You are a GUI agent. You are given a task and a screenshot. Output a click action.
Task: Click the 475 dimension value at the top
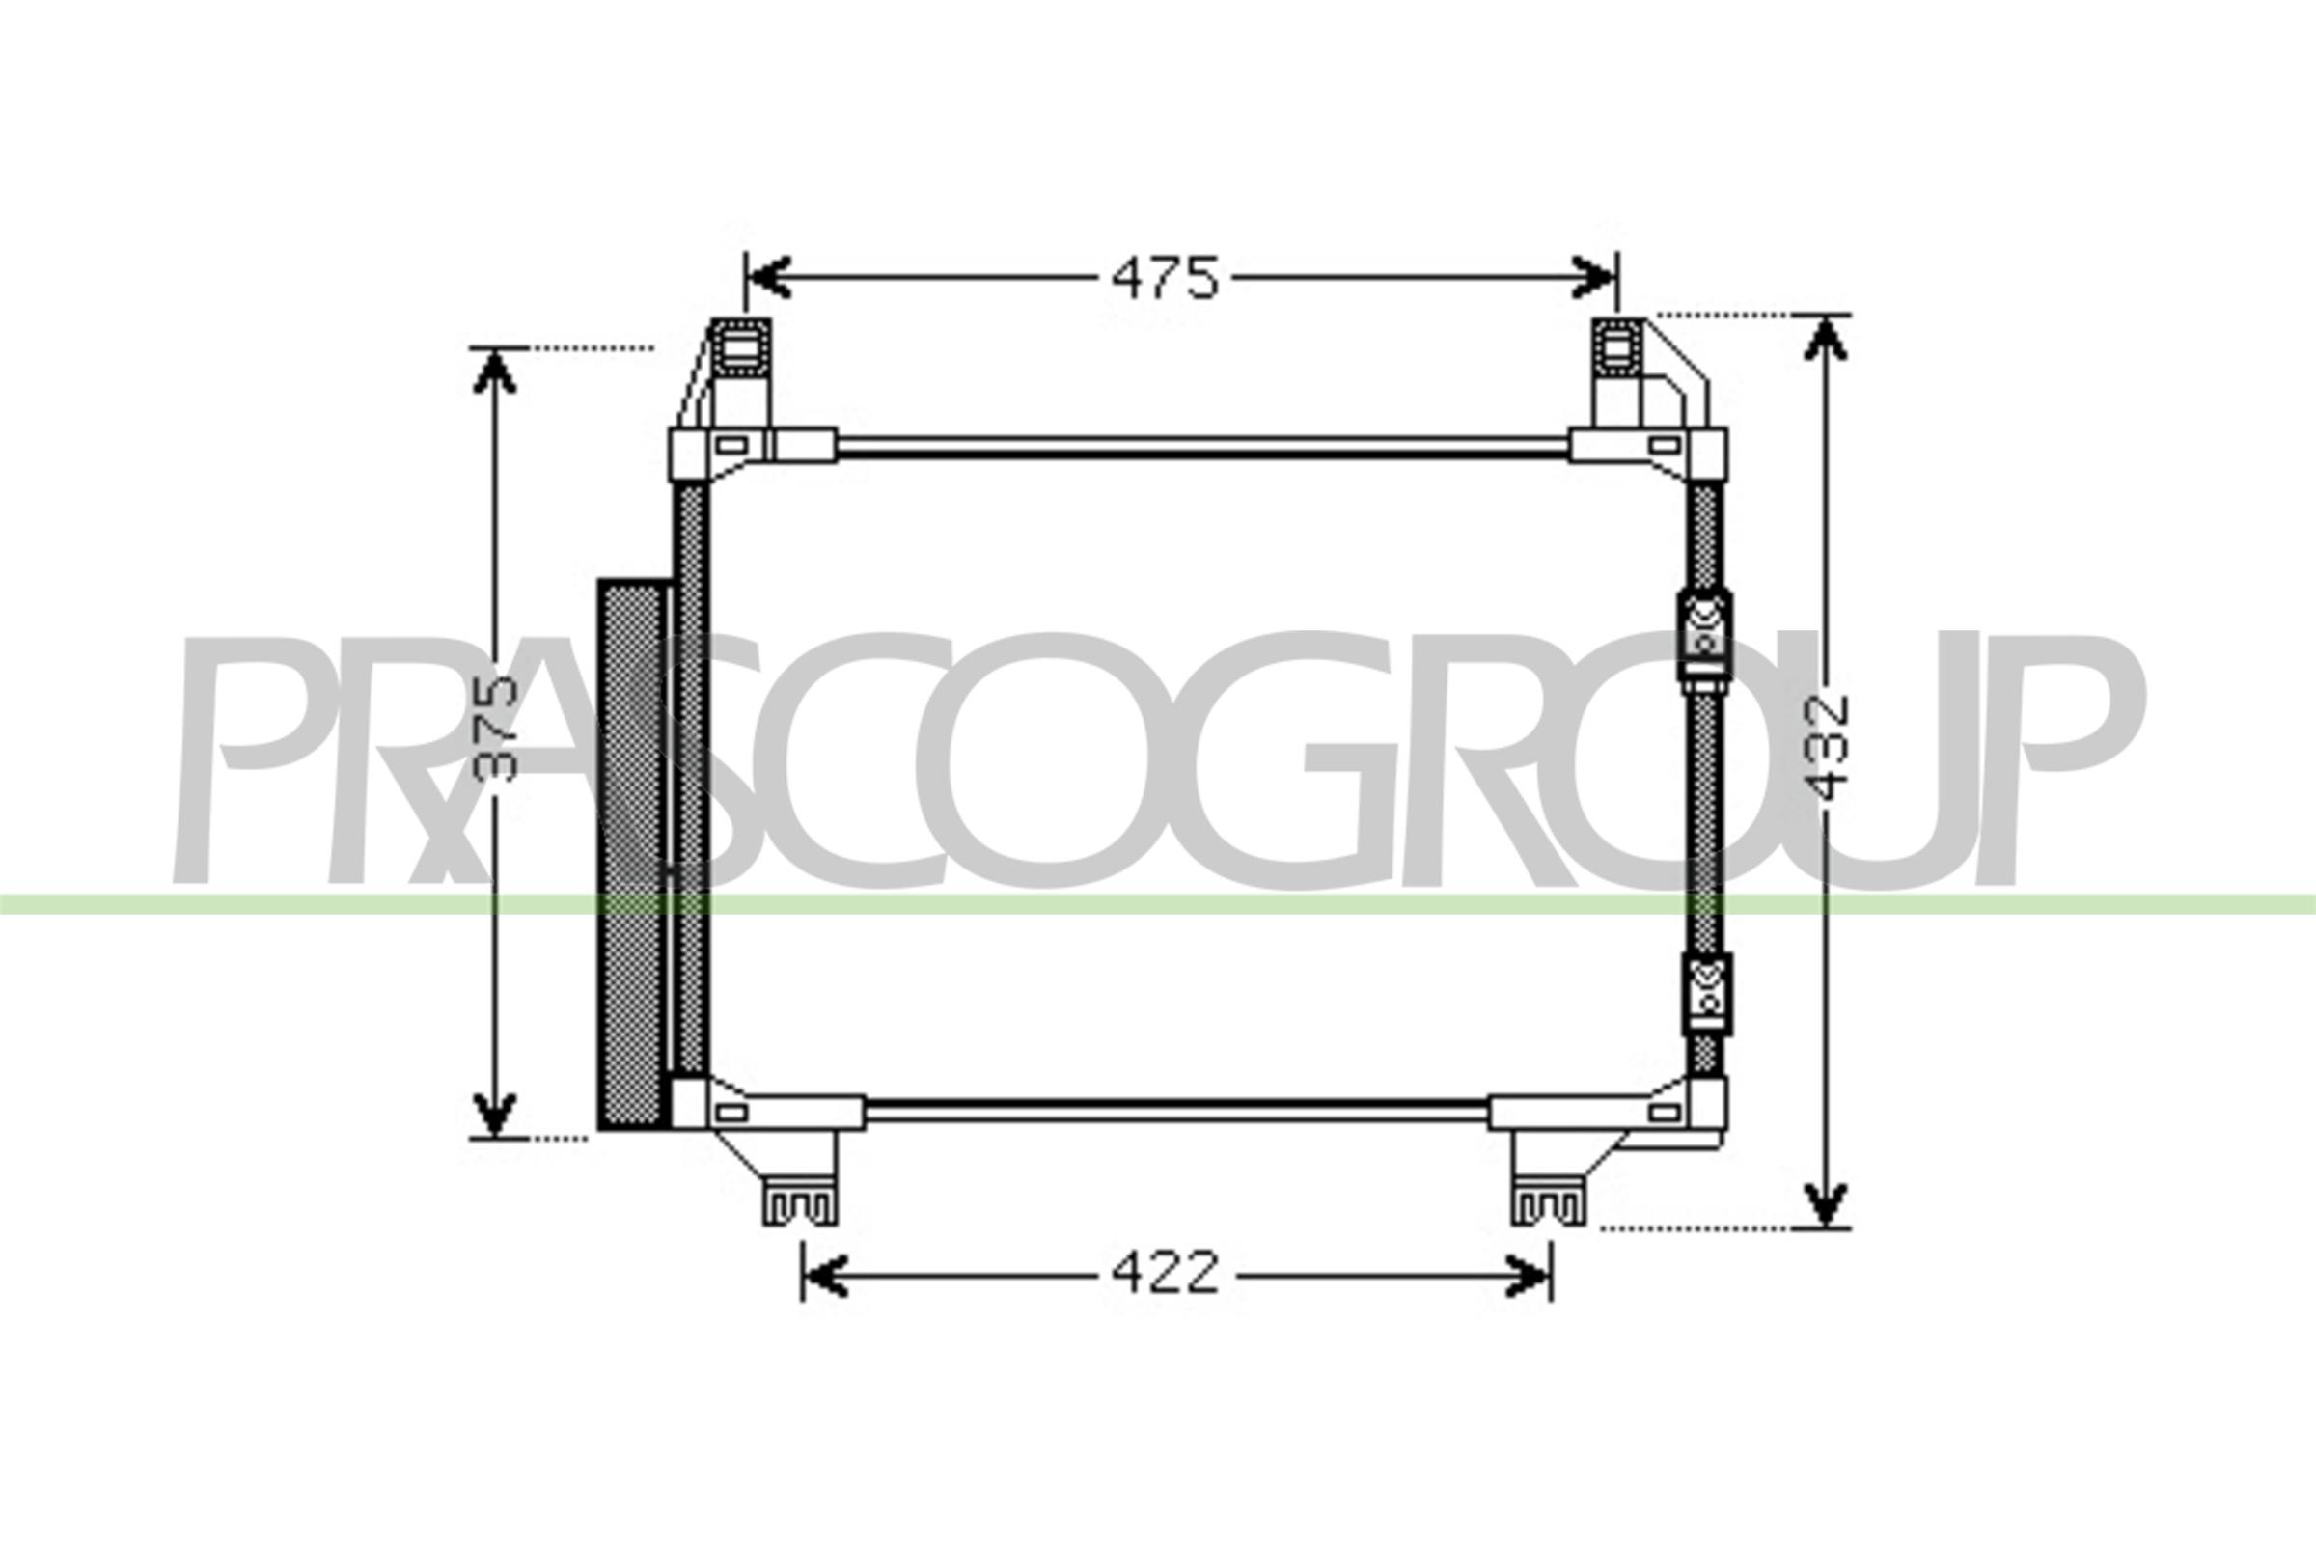(1165, 279)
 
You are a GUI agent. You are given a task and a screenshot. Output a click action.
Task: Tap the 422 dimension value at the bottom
(1165, 1274)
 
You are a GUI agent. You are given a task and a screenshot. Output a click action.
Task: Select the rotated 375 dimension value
(494, 729)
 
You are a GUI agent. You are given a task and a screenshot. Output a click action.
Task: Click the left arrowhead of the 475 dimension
(769, 278)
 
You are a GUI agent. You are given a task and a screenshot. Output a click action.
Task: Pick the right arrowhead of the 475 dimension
(1593, 278)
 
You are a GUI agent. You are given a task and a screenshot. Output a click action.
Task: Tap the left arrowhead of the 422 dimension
(825, 1276)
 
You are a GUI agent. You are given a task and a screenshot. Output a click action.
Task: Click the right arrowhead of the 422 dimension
(1530, 1276)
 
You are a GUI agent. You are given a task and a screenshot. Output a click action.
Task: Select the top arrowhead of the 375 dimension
(495, 372)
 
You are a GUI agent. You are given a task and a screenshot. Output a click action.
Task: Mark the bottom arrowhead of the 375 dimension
(495, 1114)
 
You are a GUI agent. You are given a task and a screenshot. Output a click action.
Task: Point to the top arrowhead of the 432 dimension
(1825, 340)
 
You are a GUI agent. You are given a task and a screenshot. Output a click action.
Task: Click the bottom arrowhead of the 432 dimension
(1825, 1205)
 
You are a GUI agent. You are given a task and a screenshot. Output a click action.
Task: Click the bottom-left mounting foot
(800, 1204)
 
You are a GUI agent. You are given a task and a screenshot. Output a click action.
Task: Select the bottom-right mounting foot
(1548, 1204)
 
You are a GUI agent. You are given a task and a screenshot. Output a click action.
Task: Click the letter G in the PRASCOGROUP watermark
(1297, 759)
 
